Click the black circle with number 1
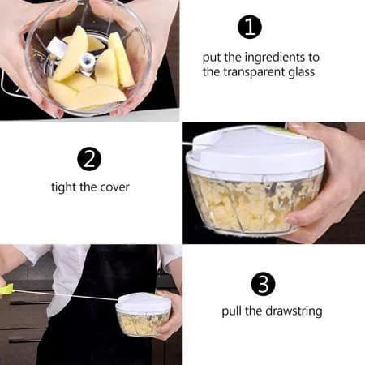tap(250, 27)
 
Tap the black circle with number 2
tap(89, 159)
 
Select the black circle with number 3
tap(263, 284)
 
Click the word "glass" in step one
tap(302, 73)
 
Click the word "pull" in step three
tap(232, 311)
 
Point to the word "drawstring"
tap(294, 311)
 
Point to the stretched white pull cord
tap(67, 294)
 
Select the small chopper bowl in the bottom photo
tap(143, 316)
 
